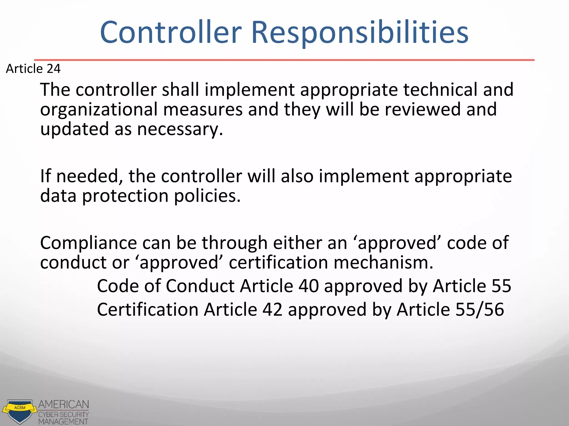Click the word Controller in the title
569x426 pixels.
point(171,32)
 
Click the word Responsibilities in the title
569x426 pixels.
point(360,32)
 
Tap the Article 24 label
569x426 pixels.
point(33,69)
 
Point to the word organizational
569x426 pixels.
point(99,109)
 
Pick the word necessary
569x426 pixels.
point(180,129)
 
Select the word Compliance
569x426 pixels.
point(88,243)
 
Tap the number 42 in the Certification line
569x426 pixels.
point(272,310)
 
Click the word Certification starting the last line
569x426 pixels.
point(148,310)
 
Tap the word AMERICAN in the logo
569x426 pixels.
point(64,405)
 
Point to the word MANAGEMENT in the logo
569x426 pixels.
point(63,422)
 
